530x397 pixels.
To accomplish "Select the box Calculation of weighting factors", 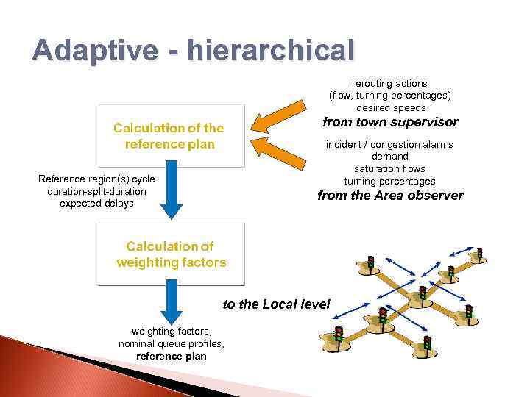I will click(x=171, y=254).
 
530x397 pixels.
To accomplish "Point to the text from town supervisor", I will click(x=390, y=122).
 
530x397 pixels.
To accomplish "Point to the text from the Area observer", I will click(x=390, y=196).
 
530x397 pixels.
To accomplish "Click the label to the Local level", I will click(x=277, y=304).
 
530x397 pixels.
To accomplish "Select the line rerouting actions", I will click(x=389, y=83).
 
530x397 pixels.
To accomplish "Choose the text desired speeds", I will click(x=391, y=107).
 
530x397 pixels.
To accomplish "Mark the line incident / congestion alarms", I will click(x=389, y=144).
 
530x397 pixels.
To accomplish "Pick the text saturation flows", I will click(x=389, y=169).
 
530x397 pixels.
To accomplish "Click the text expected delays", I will click(x=96, y=203).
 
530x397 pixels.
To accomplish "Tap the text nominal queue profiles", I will click(x=171, y=344).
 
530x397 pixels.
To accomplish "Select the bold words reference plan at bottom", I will click(x=171, y=357).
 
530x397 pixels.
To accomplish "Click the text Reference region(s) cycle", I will click(x=96, y=179).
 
